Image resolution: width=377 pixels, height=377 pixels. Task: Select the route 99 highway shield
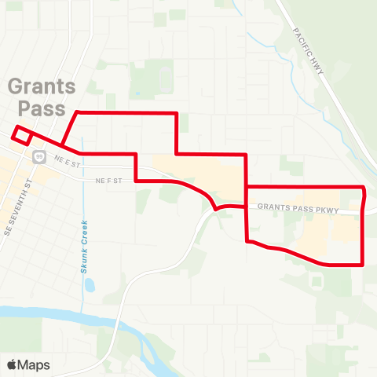tap(38, 156)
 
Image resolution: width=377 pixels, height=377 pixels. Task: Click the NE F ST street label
tap(110, 181)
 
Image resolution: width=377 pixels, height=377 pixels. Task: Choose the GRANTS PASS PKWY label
tap(297, 210)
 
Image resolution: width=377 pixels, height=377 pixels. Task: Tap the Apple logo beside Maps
tap(12, 364)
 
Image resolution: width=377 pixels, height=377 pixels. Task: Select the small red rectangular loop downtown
tap(22, 135)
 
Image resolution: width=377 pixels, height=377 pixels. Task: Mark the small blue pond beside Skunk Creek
tap(89, 285)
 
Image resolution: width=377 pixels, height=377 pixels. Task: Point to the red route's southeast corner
tap(362, 265)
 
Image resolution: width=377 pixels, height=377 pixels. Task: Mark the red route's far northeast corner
tap(364, 188)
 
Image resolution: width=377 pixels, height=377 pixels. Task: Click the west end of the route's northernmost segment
tap(76, 113)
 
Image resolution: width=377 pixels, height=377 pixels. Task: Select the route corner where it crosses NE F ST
tap(137, 181)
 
